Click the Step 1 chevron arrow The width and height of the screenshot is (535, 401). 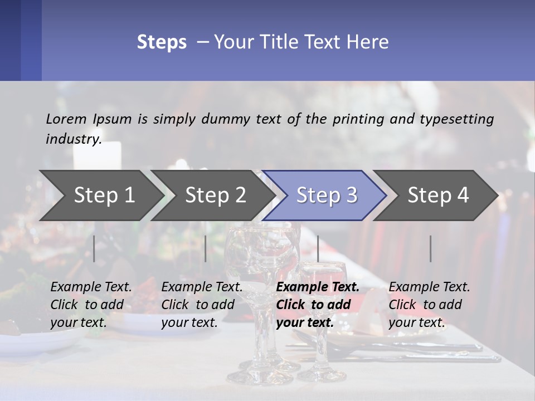tap(100, 195)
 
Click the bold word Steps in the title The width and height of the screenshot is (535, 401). tap(162, 42)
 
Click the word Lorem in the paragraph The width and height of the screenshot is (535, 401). tap(66, 119)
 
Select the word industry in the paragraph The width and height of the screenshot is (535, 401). tap(73, 139)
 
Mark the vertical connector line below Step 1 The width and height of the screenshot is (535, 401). tap(94, 248)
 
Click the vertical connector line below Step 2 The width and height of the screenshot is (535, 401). tap(206, 248)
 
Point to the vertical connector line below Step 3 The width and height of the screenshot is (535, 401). tap(318, 248)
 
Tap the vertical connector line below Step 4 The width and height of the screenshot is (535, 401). tap(430, 248)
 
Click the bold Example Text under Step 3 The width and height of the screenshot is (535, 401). tap(318, 287)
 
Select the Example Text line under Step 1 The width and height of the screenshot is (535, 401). tap(91, 287)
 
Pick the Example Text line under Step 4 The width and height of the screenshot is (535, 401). tap(429, 287)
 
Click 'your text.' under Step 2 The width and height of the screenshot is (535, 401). tap(189, 322)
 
